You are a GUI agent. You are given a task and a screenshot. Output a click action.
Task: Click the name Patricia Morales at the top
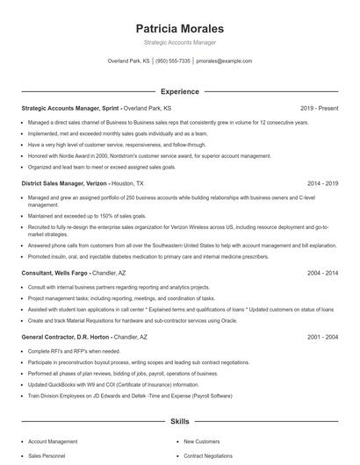coord(179,29)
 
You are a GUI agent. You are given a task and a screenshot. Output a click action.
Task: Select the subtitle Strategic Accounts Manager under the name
coord(179,42)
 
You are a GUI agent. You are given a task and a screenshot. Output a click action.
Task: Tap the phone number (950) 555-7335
coord(173,61)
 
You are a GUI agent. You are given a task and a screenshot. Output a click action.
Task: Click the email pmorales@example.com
coord(224,61)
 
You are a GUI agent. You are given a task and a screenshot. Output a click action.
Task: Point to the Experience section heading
coord(179,91)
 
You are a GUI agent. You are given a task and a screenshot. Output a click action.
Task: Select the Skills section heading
coord(179,421)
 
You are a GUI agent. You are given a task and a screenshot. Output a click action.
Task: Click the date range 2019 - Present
coord(319,108)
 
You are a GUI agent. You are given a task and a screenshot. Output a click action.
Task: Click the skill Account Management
coord(53,441)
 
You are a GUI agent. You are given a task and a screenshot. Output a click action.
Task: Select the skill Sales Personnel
coord(47,456)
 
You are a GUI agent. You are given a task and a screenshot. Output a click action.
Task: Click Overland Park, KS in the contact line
coord(128,61)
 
